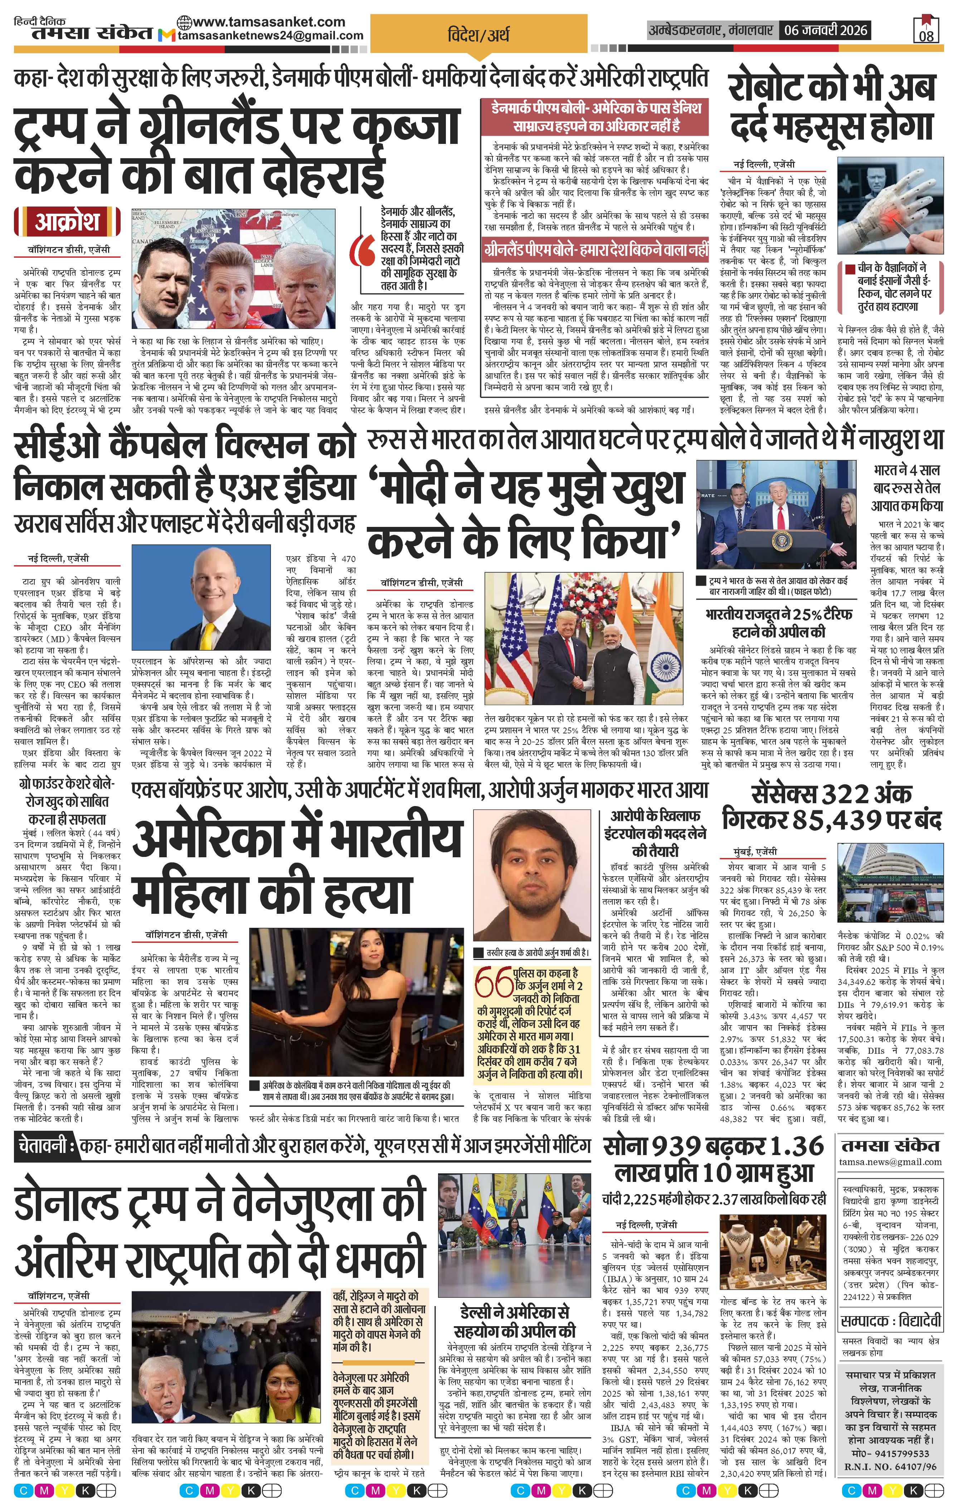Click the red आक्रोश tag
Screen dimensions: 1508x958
67,222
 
